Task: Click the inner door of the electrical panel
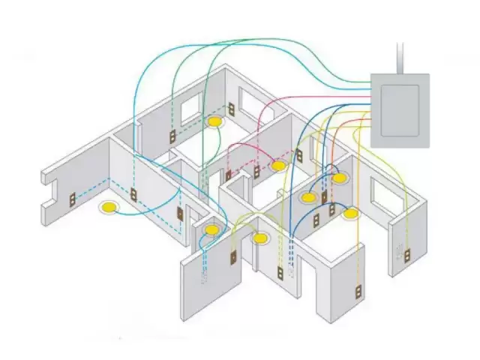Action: point(400,109)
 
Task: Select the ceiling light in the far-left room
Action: point(110,206)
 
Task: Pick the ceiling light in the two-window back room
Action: point(215,120)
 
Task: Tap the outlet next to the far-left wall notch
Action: point(73,200)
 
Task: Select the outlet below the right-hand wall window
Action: point(408,254)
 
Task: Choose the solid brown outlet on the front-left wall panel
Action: point(232,257)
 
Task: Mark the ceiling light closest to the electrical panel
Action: point(340,178)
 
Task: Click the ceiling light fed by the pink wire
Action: point(278,165)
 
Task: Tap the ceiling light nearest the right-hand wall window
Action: point(350,214)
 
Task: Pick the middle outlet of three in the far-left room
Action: point(134,194)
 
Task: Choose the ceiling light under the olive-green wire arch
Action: point(259,238)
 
